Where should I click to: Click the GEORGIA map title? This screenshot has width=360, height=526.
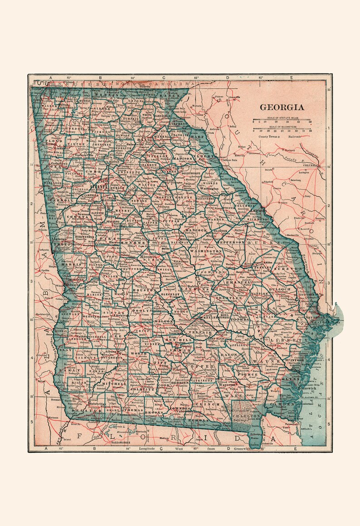[282, 107]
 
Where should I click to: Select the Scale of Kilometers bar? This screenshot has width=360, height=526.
[282, 129]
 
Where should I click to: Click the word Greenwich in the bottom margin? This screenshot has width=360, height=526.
[242, 449]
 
